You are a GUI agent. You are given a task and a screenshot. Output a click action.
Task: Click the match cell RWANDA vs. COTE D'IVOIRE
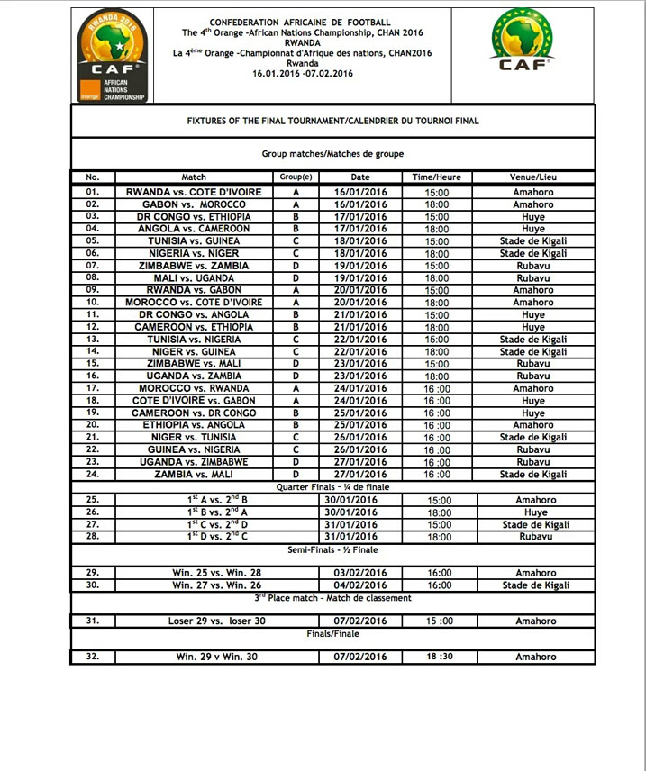[x=194, y=192]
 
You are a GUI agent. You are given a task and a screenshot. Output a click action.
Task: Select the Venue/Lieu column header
[x=533, y=177]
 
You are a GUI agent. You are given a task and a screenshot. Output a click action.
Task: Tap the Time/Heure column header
[x=437, y=177]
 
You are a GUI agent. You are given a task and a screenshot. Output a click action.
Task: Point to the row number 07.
[x=92, y=266]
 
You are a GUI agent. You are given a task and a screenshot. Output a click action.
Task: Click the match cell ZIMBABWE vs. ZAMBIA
[x=194, y=266]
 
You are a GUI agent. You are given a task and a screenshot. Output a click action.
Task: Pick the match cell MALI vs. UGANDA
[x=194, y=278]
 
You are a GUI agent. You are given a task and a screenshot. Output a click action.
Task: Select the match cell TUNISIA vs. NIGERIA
[x=194, y=340]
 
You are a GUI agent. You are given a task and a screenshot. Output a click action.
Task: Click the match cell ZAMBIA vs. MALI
[x=194, y=474]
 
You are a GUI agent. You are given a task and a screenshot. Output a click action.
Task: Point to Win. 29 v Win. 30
[x=216, y=658]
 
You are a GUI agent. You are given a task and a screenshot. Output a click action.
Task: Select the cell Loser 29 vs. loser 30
[x=216, y=621]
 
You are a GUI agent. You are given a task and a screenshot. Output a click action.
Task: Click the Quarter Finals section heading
[x=333, y=486]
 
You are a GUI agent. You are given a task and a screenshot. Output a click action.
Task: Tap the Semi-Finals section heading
[x=333, y=549]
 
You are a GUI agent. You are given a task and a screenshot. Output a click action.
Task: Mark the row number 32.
[x=92, y=658]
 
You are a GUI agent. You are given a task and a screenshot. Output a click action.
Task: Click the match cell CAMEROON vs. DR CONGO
[x=194, y=413]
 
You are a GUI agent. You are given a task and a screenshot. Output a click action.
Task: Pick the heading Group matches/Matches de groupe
[x=332, y=154]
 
